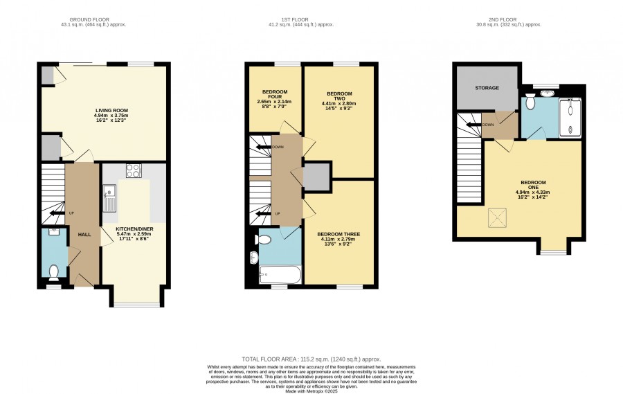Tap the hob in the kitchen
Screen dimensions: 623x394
(x=134, y=170)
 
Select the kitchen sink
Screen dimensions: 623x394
(x=109, y=198)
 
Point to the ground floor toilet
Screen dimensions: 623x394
(x=53, y=271)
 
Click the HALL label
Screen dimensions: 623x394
(x=84, y=235)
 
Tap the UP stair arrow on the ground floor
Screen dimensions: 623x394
(x=57, y=213)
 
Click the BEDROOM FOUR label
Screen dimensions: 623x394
(x=275, y=94)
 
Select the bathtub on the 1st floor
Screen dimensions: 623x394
(x=280, y=275)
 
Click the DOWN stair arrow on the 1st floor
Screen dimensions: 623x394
(x=264, y=147)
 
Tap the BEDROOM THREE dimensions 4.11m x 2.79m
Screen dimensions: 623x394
(x=338, y=240)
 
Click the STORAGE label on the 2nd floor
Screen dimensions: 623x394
(x=487, y=88)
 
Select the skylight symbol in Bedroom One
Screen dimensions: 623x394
(x=497, y=217)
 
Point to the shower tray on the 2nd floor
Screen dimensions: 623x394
(x=570, y=118)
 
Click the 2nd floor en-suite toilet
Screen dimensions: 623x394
(x=530, y=102)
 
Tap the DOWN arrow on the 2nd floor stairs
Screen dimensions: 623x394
(x=473, y=125)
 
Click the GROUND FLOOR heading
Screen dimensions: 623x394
(x=89, y=19)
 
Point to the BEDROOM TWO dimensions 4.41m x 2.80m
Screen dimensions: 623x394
(x=339, y=103)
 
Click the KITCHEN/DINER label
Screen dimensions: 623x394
(x=134, y=229)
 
